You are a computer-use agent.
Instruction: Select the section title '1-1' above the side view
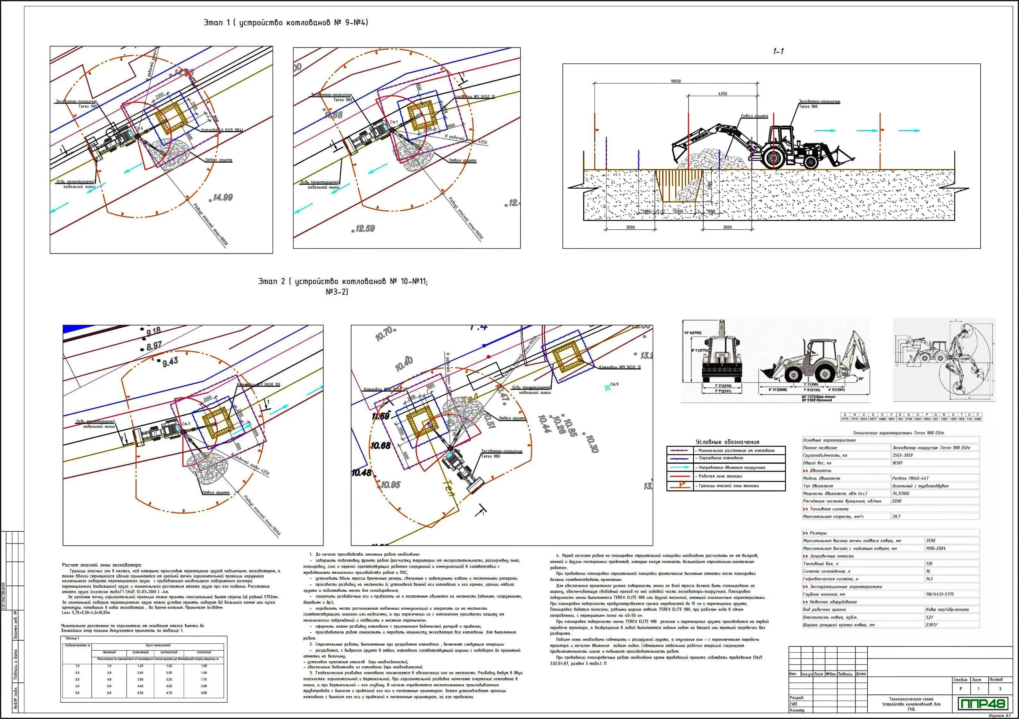pyautogui.click(x=778, y=52)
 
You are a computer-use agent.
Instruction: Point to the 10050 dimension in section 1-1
pyautogui.click(x=675, y=81)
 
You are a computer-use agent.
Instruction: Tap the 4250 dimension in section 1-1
pyautogui.click(x=722, y=94)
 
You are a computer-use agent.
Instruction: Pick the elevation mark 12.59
pyautogui.click(x=364, y=228)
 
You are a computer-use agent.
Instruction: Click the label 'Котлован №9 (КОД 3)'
pyautogui.click(x=620, y=367)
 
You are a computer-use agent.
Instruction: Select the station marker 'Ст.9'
pyautogui.click(x=614, y=384)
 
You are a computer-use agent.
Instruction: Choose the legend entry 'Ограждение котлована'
pyautogui.click(x=721, y=458)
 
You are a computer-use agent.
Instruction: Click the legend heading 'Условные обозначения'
pyautogui.click(x=727, y=442)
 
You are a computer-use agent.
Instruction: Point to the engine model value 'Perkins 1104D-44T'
pyautogui.click(x=910, y=478)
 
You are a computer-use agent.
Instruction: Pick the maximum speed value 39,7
pyautogui.click(x=897, y=516)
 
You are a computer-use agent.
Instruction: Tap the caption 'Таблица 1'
pyautogui.click(x=72, y=638)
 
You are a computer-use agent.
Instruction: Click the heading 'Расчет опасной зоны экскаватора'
pyautogui.click(x=101, y=565)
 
